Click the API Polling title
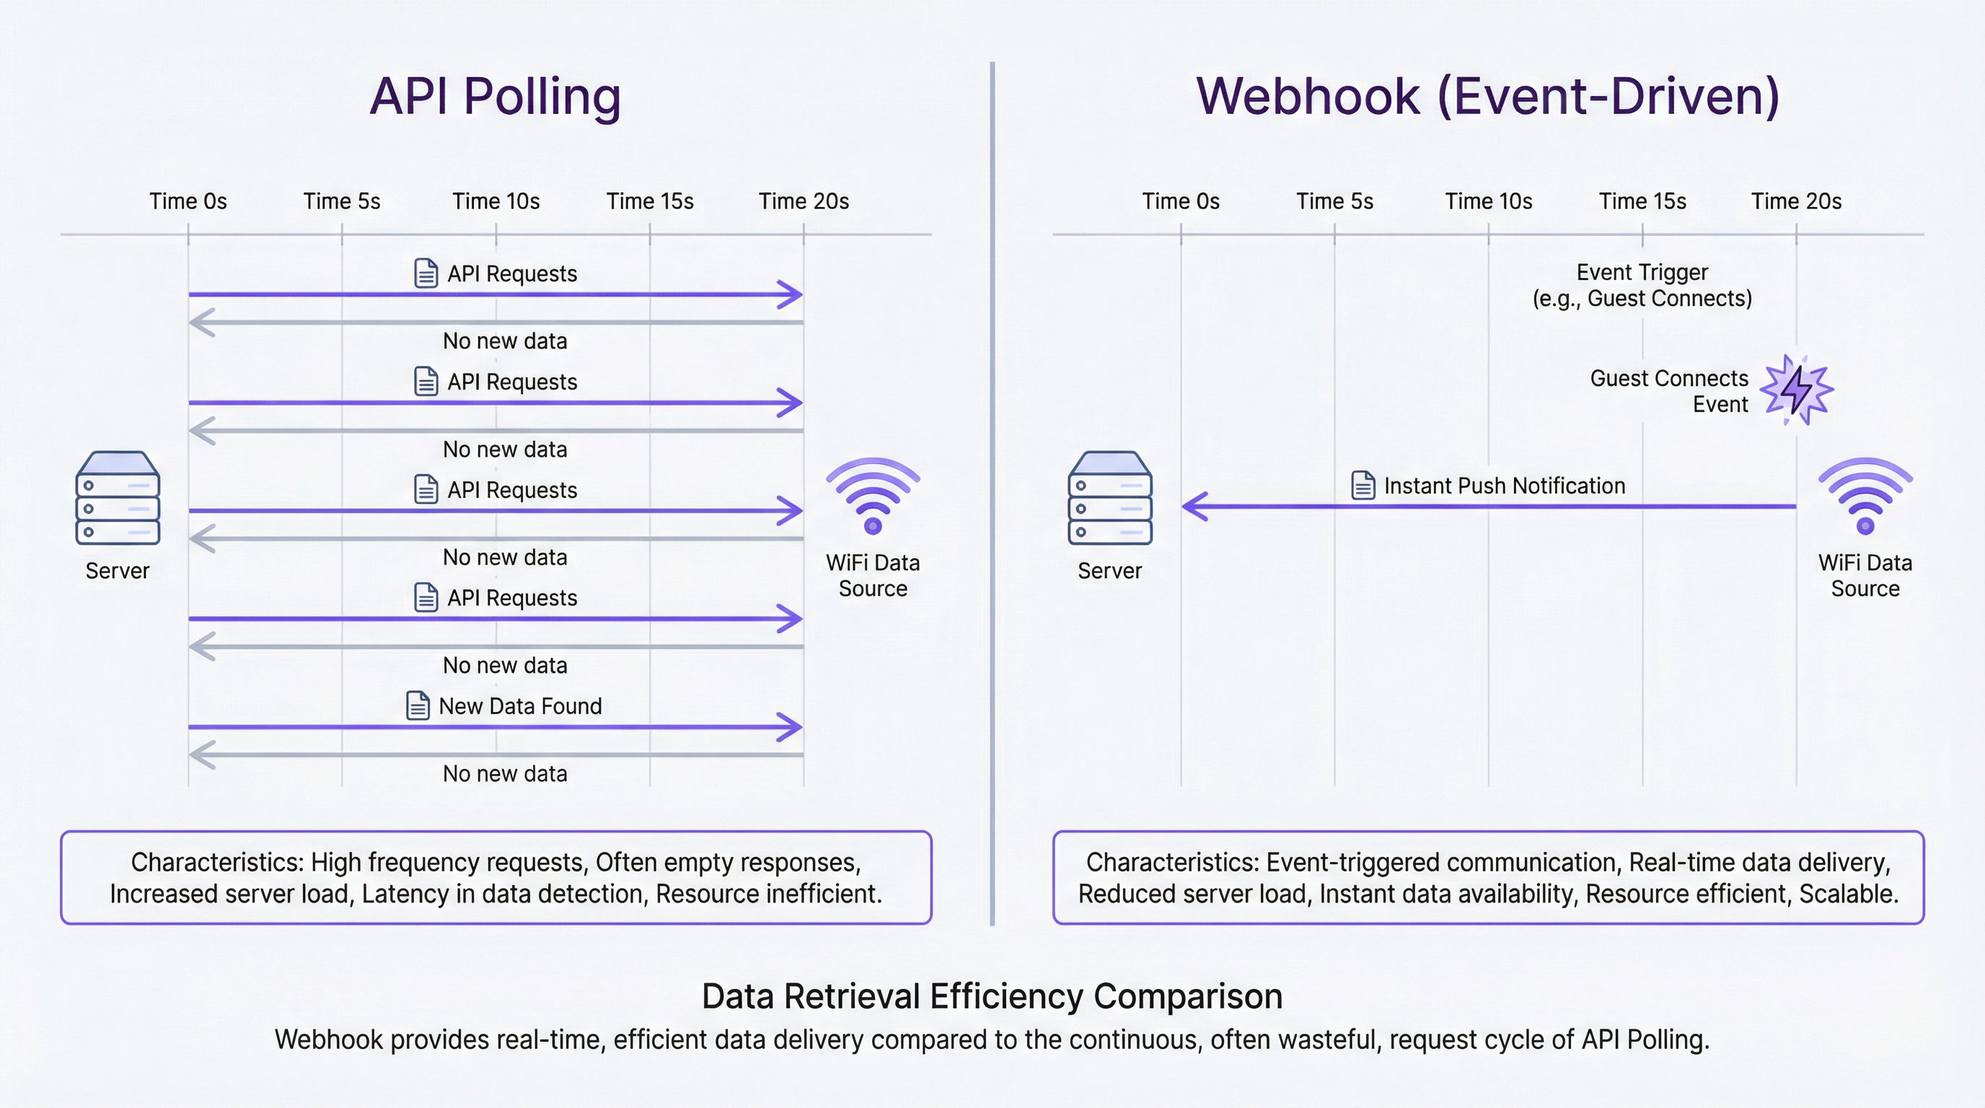tap(495, 97)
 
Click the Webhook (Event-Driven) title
tap(1487, 97)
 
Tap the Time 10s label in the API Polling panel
tap(496, 201)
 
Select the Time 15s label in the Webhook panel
tap(1642, 201)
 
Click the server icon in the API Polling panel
tap(118, 498)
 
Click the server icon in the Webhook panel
tap(1109, 498)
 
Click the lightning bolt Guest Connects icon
tap(1797, 390)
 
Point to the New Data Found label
tap(520, 705)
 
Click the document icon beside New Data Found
tap(418, 705)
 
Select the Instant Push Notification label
tap(1504, 485)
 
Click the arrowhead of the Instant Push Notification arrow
tap(1194, 506)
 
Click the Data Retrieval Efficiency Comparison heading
tap(992, 996)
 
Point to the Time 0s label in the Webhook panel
tap(1181, 201)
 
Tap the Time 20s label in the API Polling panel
tap(804, 201)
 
